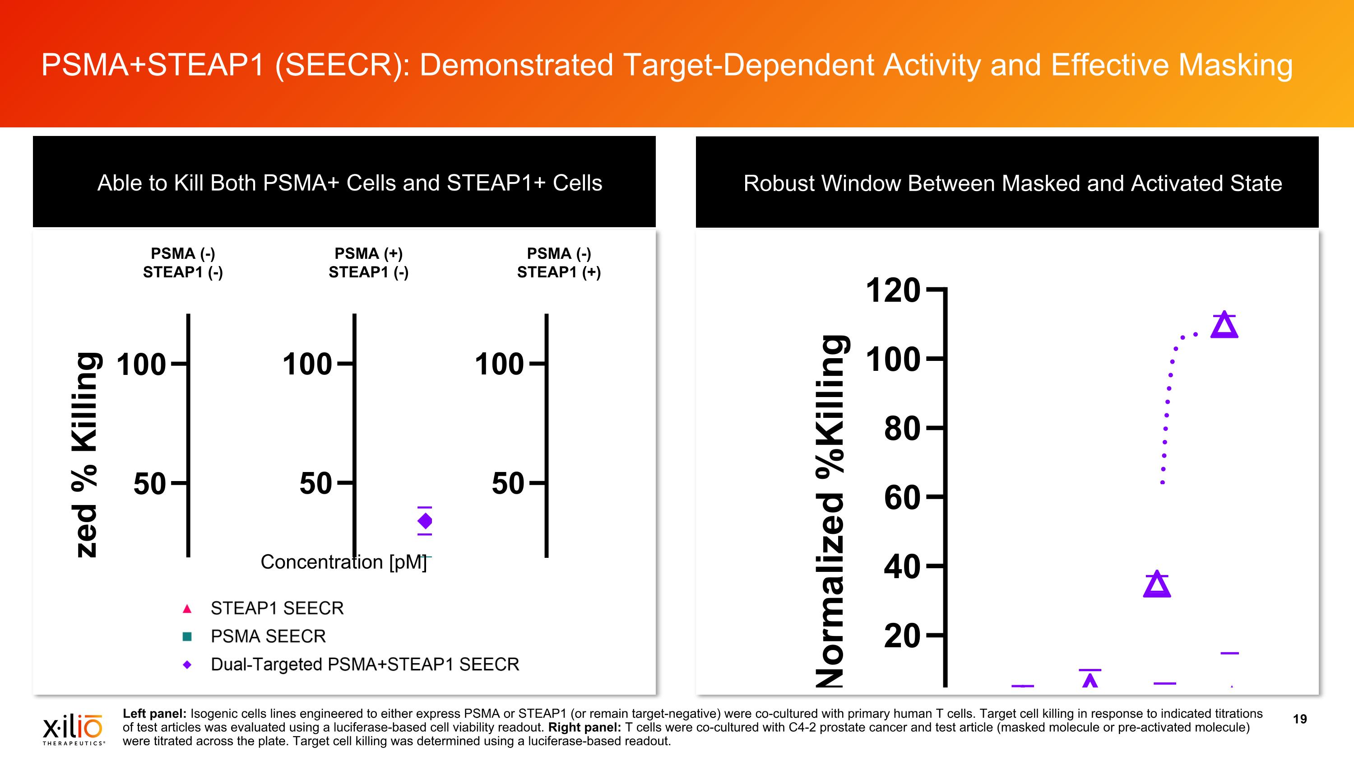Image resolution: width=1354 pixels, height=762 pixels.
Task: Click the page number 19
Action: point(1299,719)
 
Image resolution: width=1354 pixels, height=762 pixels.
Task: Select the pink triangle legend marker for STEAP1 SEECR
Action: point(186,609)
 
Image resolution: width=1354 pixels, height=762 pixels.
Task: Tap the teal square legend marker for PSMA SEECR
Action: point(186,637)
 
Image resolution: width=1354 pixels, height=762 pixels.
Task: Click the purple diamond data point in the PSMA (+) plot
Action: point(425,521)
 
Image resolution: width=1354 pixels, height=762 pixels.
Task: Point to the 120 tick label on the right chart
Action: point(892,290)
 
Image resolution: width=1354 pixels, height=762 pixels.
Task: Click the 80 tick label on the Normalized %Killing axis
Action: point(901,429)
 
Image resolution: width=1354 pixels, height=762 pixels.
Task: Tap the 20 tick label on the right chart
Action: point(901,636)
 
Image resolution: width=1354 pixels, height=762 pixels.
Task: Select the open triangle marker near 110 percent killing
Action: point(1224,326)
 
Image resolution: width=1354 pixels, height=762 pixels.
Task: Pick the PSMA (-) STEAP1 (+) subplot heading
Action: point(559,263)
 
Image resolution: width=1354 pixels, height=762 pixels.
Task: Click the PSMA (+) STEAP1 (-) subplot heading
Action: point(368,263)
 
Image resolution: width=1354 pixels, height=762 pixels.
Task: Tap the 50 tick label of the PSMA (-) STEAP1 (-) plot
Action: point(149,484)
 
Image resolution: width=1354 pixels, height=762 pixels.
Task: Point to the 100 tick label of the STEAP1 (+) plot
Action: point(499,365)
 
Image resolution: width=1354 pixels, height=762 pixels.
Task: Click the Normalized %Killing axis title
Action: point(830,510)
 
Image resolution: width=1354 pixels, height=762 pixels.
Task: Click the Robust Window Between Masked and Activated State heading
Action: point(1012,183)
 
